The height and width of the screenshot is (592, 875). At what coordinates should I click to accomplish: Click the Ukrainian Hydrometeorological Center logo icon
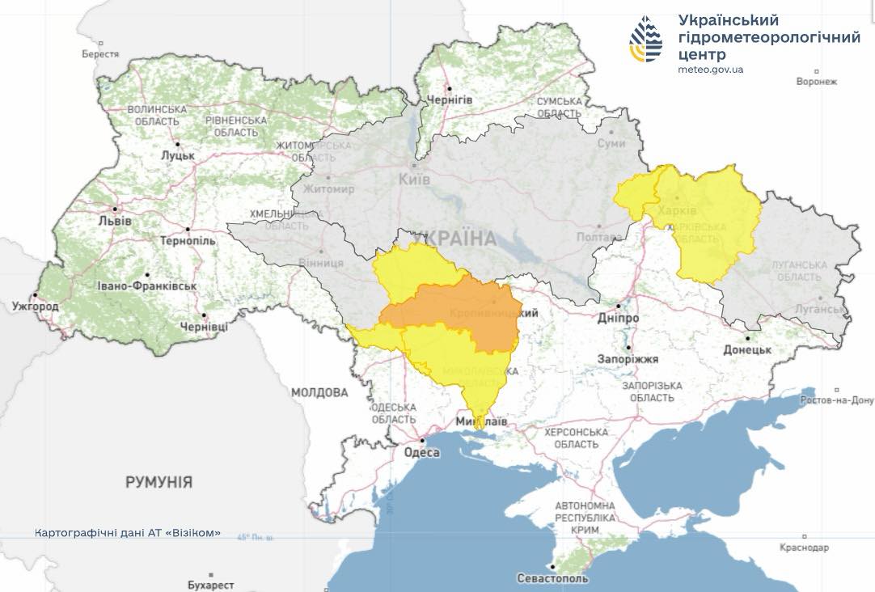click(646, 39)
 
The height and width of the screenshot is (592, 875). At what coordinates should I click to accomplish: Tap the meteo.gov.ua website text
click(710, 70)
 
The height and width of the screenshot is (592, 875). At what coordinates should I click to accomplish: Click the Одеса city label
click(422, 452)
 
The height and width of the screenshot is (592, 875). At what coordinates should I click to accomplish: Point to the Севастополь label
click(553, 578)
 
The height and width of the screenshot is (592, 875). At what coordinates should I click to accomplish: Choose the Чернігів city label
click(449, 99)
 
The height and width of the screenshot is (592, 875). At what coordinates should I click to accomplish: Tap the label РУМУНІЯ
click(159, 482)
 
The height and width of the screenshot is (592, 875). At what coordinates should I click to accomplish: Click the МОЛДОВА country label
click(319, 392)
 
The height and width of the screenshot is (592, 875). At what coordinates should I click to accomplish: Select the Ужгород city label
click(35, 307)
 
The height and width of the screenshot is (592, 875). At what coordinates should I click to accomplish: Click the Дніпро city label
click(619, 318)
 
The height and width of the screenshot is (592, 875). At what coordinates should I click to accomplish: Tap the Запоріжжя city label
click(628, 358)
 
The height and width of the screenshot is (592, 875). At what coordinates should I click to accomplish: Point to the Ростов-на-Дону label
click(837, 400)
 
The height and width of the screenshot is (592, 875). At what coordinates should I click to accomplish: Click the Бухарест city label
click(210, 585)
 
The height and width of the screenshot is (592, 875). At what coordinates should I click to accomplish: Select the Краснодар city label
click(805, 548)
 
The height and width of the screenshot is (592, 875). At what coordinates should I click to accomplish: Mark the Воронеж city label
click(816, 82)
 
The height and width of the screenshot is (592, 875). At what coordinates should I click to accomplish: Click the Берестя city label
click(100, 54)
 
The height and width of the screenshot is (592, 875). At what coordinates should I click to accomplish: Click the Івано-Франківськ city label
click(146, 285)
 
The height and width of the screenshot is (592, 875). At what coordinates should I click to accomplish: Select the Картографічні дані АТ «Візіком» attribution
click(127, 533)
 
